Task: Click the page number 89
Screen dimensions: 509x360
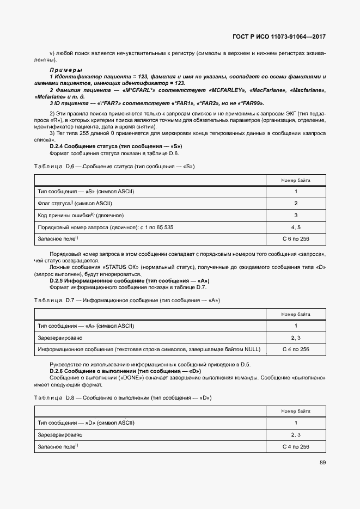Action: (x=322, y=463)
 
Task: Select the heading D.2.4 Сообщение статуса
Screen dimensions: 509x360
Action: (x=115, y=146)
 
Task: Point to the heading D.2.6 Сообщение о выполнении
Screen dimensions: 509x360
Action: (x=125, y=371)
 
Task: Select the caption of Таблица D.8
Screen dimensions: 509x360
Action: (x=123, y=398)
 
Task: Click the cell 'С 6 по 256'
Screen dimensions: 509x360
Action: (x=296, y=238)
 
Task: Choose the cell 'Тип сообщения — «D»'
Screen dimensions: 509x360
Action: (x=86, y=422)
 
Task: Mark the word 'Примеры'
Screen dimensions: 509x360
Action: (x=65, y=70)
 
